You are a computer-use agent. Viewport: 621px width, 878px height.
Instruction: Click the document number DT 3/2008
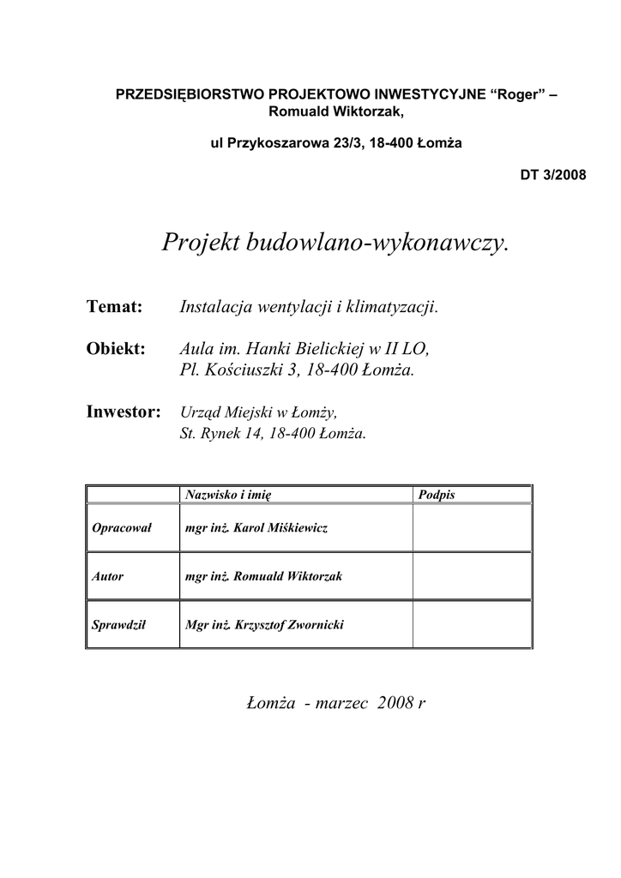[553, 175]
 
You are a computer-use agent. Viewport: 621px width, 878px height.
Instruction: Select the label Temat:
[114, 307]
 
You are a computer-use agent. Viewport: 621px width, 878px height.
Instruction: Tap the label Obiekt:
[118, 349]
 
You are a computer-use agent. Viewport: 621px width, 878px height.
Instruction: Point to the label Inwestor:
[124, 412]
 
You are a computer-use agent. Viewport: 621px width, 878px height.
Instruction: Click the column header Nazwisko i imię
[227, 495]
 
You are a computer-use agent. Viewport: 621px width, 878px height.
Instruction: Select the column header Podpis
[437, 495]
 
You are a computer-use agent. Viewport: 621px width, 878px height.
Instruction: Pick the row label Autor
[108, 576]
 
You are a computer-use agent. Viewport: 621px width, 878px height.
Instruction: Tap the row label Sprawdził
[119, 625]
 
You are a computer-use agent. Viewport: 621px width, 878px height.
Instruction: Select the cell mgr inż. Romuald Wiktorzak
[263, 576]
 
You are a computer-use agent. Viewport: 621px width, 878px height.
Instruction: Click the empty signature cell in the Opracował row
[472, 528]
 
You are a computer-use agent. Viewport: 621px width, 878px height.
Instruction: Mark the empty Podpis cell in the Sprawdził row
[472, 625]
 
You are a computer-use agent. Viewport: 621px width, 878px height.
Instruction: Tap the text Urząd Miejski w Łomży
[252, 413]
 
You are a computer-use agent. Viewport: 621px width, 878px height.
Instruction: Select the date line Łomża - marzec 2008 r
[335, 704]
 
